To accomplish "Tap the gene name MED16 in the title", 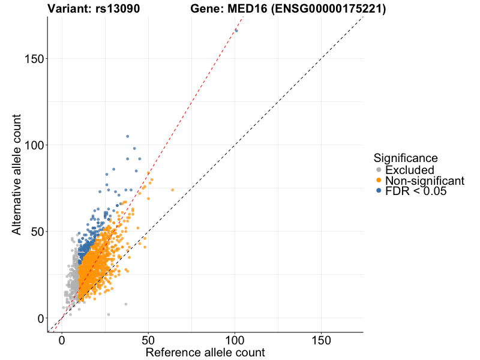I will coord(242,9).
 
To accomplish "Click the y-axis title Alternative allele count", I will coord(17,174).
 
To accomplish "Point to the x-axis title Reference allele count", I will coord(205,352).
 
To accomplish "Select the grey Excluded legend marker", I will coord(378,170).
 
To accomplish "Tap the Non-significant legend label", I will coord(425,181).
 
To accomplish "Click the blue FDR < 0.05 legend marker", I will coord(378,191).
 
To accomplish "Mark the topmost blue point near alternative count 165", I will coord(236,31).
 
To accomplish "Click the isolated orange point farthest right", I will coord(172,190).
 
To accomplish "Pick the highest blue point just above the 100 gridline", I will coord(127,136).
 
